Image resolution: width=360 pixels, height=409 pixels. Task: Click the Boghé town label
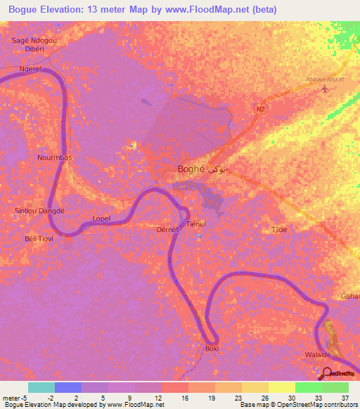(x=191, y=169)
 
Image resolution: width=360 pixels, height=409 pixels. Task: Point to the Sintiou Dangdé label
(x=39, y=210)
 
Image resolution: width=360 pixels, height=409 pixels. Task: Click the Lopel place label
(x=101, y=219)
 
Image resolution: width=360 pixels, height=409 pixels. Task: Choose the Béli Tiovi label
(x=39, y=239)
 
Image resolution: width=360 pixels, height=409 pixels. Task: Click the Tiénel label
(x=195, y=223)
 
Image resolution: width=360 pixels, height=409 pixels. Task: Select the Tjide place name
(x=280, y=230)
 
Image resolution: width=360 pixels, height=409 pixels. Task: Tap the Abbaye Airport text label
(x=325, y=79)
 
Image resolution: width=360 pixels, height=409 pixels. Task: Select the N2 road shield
(x=260, y=109)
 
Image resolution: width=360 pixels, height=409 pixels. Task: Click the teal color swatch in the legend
(x=41, y=387)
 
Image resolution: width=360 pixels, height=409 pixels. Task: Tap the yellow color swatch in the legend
(x=281, y=387)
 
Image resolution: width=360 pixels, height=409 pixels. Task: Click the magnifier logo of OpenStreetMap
(x=326, y=372)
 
